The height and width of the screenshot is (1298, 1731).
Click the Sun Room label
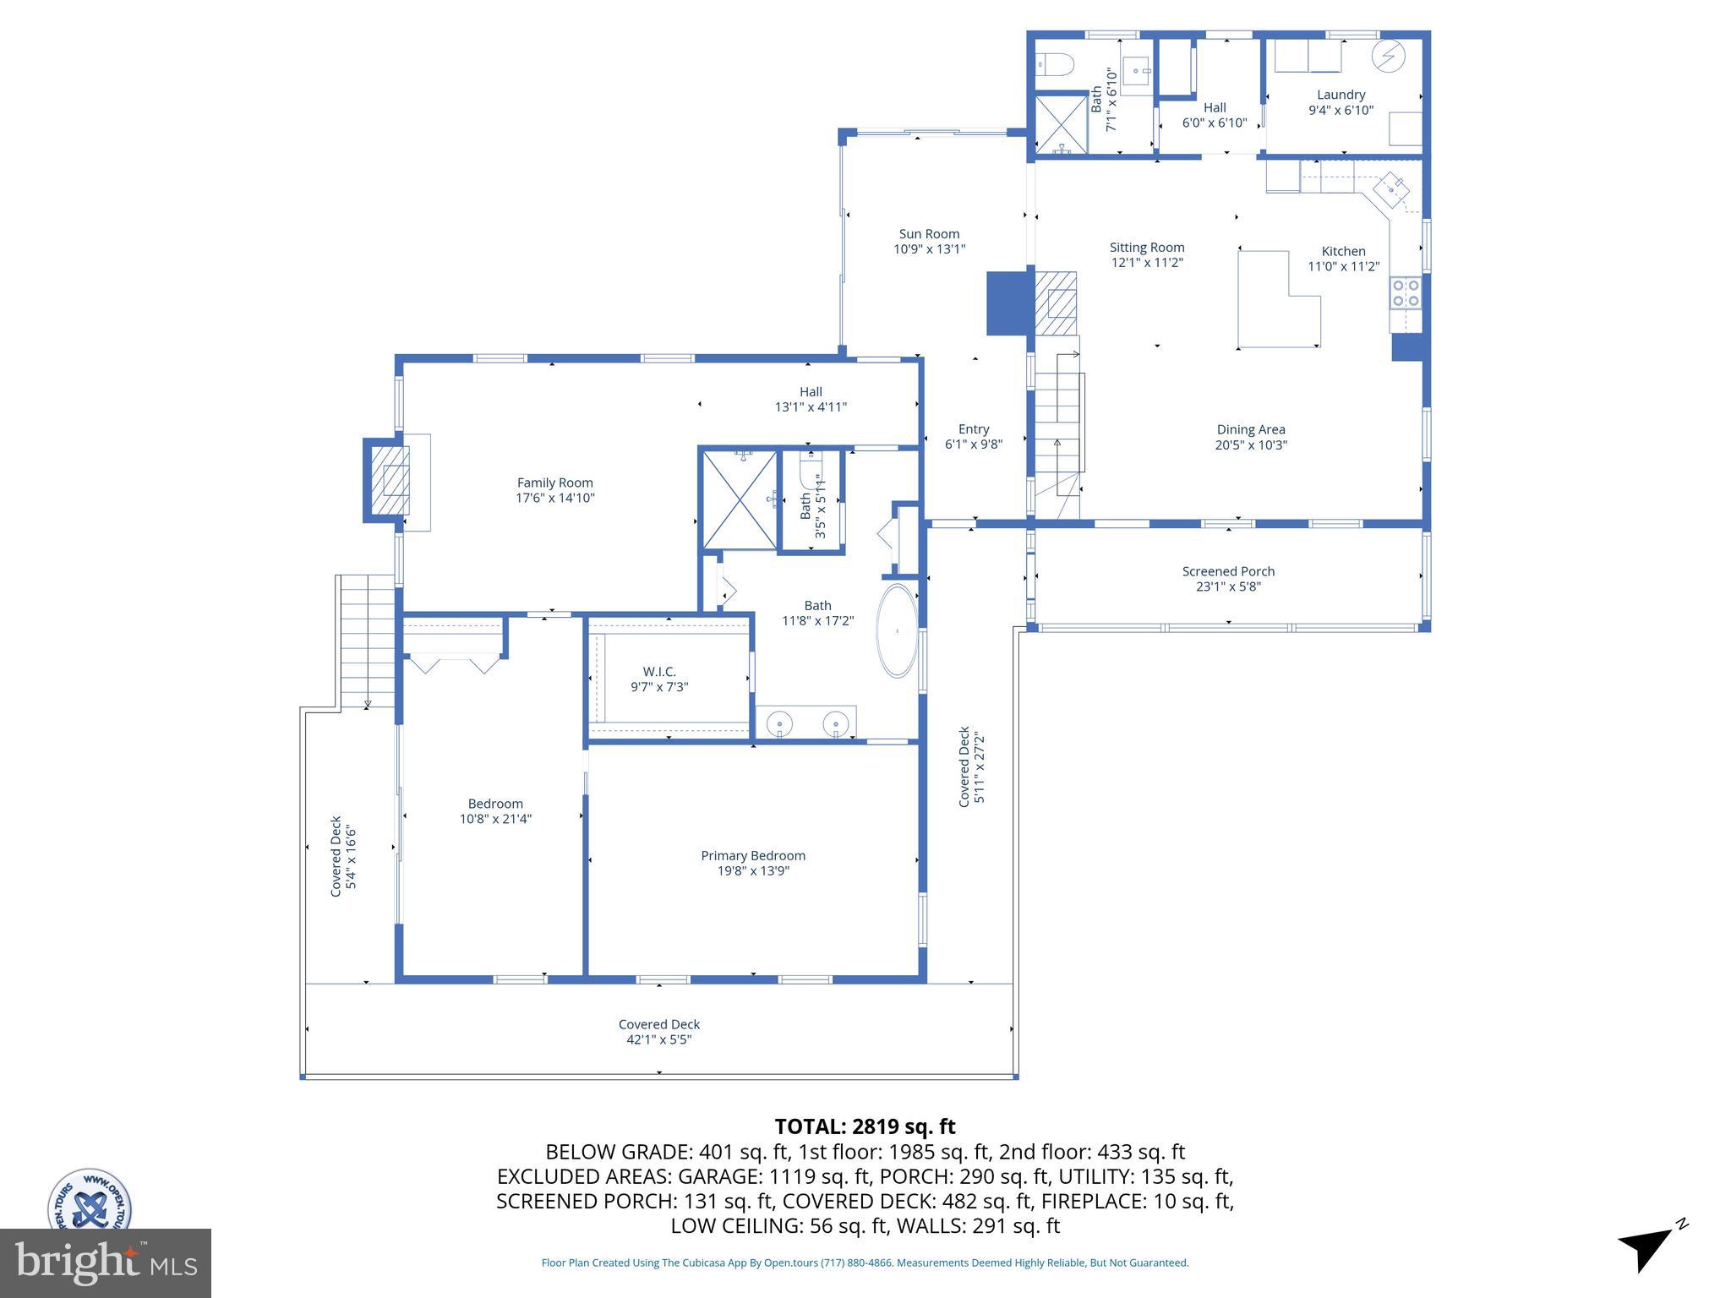click(x=929, y=234)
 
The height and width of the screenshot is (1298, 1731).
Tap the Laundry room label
click(x=1341, y=95)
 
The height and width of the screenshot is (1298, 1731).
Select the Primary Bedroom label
click(x=753, y=856)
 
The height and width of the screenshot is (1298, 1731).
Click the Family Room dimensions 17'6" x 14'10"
click(x=555, y=498)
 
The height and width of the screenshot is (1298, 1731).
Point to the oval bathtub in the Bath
click(x=897, y=630)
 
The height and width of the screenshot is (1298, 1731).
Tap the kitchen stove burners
click(x=1406, y=292)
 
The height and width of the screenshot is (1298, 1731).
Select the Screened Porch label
click(x=1228, y=571)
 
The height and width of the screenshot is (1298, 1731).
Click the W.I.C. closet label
click(x=659, y=672)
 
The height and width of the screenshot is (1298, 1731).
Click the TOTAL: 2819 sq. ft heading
click(x=865, y=1126)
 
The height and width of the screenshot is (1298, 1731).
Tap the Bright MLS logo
click(x=106, y=1263)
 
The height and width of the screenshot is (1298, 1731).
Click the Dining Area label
click(x=1251, y=429)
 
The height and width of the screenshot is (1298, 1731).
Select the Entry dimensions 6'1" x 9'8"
click(x=974, y=444)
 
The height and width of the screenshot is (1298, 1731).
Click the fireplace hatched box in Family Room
click(x=394, y=489)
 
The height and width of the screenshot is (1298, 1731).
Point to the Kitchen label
click(x=1343, y=251)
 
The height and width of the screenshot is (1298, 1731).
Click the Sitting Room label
click(x=1147, y=248)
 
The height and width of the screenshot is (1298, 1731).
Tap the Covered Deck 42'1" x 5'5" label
click(x=659, y=1032)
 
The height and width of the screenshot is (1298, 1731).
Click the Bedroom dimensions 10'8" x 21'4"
click(x=495, y=819)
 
